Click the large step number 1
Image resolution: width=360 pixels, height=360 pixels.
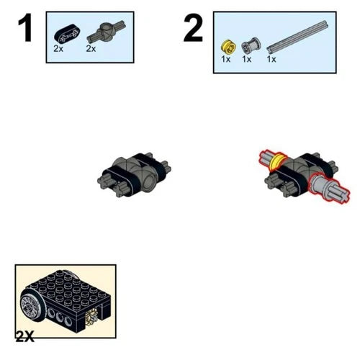tap(25, 28)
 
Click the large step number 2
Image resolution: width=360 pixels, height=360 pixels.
tap(194, 28)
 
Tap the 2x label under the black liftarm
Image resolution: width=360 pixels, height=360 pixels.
tap(58, 49)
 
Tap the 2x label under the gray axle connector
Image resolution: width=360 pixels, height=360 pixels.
tap(91, 49)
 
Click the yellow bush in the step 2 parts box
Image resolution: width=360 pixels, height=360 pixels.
tap(228, 46)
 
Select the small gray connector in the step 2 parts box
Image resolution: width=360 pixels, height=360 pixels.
tap(251, 45)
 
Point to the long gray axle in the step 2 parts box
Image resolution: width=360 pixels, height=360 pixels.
tap(297, 37)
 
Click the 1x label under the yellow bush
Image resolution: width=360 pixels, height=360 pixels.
tap(226, 59)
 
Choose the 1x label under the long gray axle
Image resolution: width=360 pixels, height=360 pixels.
tap(271, 59)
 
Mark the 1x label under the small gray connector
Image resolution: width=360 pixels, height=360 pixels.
tap(246, 59)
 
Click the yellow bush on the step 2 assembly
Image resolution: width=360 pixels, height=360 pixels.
tap(278, 161)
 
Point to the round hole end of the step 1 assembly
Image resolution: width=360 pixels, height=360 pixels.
tap(150, 182)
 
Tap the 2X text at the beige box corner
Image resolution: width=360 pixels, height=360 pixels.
tap(25, 336)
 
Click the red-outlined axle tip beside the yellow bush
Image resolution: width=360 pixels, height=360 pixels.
tap(266, 158)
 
